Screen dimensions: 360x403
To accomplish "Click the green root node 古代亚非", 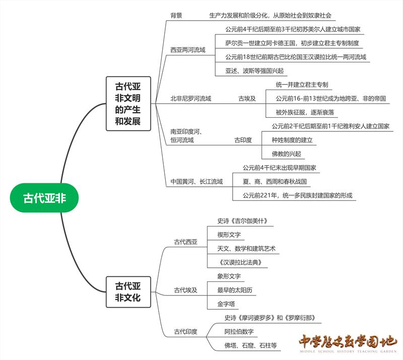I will (x=45, y=198).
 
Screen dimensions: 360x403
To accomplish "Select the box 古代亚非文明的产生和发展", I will (x=128, y=104).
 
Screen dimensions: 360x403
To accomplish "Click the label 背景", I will (x=176, y=16).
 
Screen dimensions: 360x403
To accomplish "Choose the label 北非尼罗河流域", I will (x=191, y=99).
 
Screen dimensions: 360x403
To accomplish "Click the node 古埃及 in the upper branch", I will (x=247, y=99).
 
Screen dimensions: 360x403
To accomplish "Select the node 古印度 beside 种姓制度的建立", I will (x=243, y=140).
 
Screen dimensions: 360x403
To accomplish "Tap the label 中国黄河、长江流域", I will (x=196, y=181).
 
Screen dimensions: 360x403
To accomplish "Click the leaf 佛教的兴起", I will (x=286, y=154).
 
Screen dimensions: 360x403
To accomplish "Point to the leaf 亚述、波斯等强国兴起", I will (x=254, y=70).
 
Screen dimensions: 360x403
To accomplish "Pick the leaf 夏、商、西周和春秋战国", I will (x=275, y=181).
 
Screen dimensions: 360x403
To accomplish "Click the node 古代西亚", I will (x=186, y=242).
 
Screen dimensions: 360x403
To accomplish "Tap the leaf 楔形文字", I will (x=229, y=235).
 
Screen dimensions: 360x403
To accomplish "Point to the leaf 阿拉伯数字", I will (x=239, y=332).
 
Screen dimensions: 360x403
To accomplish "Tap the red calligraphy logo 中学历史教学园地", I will (x=348, y=342).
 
